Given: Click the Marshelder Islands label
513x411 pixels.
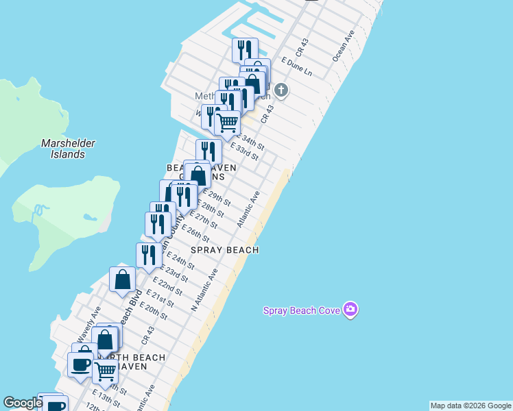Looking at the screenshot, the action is tap(68, 149).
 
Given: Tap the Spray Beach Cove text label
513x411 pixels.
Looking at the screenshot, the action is tap(302, 310).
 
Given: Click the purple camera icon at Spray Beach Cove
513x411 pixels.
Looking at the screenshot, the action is tap(350, 310).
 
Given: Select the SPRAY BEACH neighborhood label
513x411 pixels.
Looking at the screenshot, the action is tap(224, 250).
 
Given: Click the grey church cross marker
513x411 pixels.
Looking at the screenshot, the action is tap(281, 90).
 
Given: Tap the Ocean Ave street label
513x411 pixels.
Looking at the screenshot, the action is tap(344, 46).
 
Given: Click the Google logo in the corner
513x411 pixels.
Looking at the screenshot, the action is tap(23, 403).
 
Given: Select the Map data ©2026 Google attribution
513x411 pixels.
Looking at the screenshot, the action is tap(470, 406).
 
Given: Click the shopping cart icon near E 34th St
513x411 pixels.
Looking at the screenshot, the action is tap(227, 123).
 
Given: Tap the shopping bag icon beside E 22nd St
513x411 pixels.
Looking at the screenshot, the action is tap(122, 279).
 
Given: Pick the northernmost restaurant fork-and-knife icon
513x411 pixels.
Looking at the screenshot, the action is tap(244, 49).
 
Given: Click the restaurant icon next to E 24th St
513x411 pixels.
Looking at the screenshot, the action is tap(149, 255).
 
